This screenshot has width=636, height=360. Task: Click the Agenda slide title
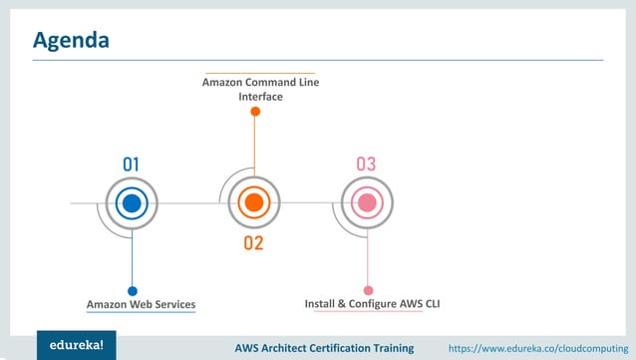coord(71,41)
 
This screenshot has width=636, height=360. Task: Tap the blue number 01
coord(132,165)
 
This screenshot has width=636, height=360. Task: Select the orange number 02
coord(253,243)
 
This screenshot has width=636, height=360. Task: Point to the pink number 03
coord(366,165)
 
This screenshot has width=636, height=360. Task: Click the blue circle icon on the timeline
coord(132,204)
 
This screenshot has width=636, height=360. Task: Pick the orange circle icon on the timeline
coord(253,204)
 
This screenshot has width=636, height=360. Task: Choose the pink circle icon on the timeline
coord(367,204)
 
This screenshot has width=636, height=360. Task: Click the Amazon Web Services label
coord(141,304)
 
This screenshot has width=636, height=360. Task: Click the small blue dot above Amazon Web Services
coord(133,291)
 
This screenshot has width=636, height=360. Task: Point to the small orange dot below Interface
coord(255,112)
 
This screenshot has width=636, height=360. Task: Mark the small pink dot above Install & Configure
coord(368,291)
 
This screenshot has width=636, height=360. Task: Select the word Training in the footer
coord(393,348)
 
